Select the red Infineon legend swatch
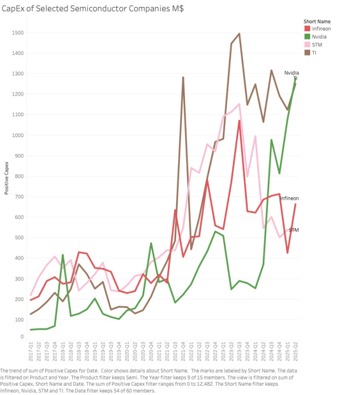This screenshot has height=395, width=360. click(x=307, y=29)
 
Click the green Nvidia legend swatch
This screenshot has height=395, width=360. click(x=307, y=37)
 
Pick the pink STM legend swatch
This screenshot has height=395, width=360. click(x=307, y=45)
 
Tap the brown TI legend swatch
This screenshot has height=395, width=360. click(x=307, y=52)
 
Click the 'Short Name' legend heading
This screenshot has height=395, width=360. click(x=316, y=21)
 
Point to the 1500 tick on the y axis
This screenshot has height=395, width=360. click(x=18, y=33)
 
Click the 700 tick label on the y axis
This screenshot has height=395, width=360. click(x=19, y=197)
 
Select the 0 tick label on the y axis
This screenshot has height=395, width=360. click(x=22, y=337)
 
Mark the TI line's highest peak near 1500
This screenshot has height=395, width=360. click(x=239, y=34)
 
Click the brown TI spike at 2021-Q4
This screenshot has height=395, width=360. click(x=183, y=77)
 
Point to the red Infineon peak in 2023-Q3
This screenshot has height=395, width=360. click(x=239, y=121)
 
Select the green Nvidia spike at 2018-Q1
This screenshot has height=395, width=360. click(x=63, y=255)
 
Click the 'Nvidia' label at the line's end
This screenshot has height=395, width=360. click(x=291, y=73)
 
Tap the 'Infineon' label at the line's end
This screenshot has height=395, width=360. click(x=289, y=198)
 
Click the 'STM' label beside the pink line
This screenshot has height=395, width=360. click(x=294, y=229)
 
